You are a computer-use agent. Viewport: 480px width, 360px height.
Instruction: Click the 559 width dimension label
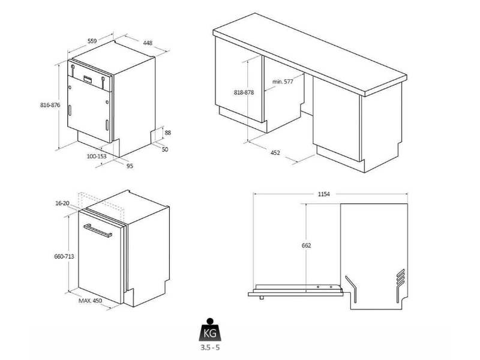(x=92, y=41)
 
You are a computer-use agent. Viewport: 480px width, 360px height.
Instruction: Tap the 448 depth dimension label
(x=148, y=43)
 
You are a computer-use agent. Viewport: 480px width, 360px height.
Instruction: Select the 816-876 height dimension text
(x=50, y=105)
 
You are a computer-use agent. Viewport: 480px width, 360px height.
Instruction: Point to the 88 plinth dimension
(x=168, y=133)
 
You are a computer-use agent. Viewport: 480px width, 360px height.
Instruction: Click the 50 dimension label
(x=165, y=149)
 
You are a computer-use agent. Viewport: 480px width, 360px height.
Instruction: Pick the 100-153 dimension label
(x=97, y=156)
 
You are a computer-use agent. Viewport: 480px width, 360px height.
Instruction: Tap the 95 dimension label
(x=130, y=166)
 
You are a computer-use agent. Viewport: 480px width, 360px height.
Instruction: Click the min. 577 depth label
(x=283, y=82)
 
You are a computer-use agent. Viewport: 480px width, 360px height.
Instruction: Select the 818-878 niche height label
(x=244, y=92)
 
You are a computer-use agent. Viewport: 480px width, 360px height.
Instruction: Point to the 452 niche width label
(x=275, y=152)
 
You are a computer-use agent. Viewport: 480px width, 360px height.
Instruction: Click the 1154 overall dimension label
(x=324, y=194)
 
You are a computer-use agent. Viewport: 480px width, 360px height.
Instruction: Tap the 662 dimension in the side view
(x=306, y=245)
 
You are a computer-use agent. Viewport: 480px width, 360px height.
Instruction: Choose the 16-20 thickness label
(x=62, y=203)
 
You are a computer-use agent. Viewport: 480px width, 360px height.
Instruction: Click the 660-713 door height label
(x=64, y=257)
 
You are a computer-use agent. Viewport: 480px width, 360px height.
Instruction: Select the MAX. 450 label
(x=91, y=301)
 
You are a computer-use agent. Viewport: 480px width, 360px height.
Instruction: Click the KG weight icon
(x=210, y=329)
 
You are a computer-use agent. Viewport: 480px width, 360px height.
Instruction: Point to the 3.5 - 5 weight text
(x=211, y=347)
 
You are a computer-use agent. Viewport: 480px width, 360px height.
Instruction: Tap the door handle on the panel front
(x=98, y=230)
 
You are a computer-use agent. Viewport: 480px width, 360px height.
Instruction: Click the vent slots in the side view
(x=400, y=278)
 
